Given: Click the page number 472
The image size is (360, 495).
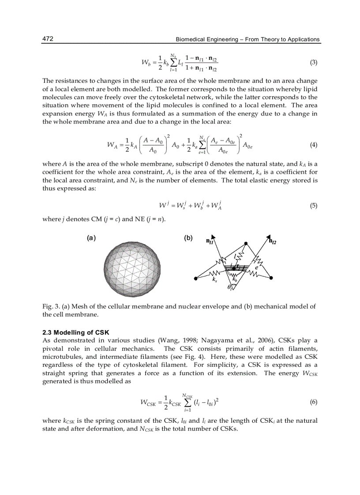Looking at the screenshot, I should click(48, 39).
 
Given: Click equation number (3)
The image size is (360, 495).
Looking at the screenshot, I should click(314, 63).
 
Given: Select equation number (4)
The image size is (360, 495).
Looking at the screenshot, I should click(314, 145).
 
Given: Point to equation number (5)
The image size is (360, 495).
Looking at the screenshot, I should click(314, 205).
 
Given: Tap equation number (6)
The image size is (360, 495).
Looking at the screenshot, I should click(314, 402).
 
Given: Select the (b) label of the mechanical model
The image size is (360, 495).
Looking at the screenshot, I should click(188, 238).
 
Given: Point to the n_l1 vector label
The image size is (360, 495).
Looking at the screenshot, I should click(210, 242).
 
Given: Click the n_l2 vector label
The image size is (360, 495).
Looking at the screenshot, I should click(273, 241).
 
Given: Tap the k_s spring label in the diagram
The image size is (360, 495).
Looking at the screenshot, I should click(214, 279).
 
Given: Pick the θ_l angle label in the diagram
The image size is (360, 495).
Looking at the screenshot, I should click(230, 288).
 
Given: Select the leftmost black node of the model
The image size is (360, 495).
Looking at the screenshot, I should click(195, 278).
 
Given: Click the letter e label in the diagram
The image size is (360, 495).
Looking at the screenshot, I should click(256, 267).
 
